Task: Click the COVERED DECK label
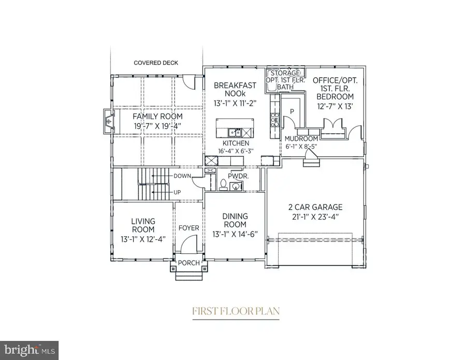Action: (x=156, y=63)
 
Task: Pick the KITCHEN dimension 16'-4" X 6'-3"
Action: (x=236, y=151)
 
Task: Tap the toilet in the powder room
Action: (x=223, y=184)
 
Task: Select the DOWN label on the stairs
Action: (x=183, y=176)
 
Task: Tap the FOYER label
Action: (x=188, y=228)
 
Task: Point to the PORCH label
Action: (x=189, y=263)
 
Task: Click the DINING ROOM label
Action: (x=235, y=220)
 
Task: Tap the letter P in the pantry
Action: (x=292, y=111)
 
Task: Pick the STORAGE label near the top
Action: (x=286, y=74)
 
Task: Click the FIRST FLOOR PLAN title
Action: (x=236, y=311)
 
